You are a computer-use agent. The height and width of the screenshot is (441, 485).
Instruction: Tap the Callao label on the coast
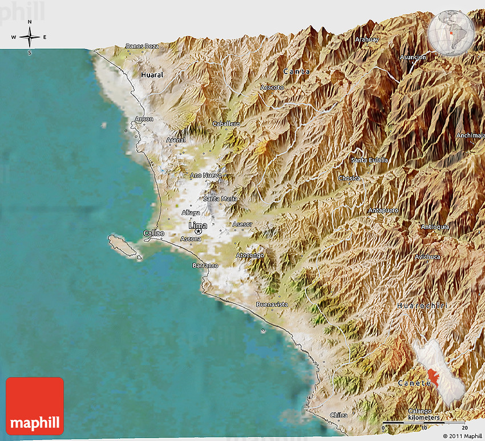tap(153, 233)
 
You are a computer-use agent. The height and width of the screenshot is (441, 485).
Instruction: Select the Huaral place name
tap(152, 75)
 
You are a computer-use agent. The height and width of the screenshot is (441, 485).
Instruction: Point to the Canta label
tap(297, 71)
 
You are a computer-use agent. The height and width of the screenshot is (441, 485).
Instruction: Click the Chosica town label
tap(349, 178)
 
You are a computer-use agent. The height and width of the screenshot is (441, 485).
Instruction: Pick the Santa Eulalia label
tap(370, 160)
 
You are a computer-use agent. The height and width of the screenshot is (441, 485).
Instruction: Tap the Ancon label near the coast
tap(143, 119)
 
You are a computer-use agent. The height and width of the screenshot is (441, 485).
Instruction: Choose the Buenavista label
tap(272, 304)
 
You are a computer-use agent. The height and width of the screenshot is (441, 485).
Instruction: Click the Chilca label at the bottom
tap(339, 415)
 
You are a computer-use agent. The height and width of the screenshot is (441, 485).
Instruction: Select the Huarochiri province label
tap(422, 306)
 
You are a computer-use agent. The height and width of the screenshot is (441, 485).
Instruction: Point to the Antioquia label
tap(435, 226)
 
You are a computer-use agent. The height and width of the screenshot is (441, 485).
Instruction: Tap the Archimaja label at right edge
tap(470, 135)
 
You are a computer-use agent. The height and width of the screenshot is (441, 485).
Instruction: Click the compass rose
tap(30, 37)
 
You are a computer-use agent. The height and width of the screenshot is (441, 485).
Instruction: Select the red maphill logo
tap(35, 406)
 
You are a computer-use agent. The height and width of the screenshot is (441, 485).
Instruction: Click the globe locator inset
tap(452, 33)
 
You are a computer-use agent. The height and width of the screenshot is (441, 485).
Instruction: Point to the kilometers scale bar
tap(425, 422)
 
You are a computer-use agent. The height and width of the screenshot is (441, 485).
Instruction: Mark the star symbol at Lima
tap(198, 232)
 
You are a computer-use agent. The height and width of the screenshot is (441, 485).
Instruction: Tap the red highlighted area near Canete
tap(433, 377)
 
